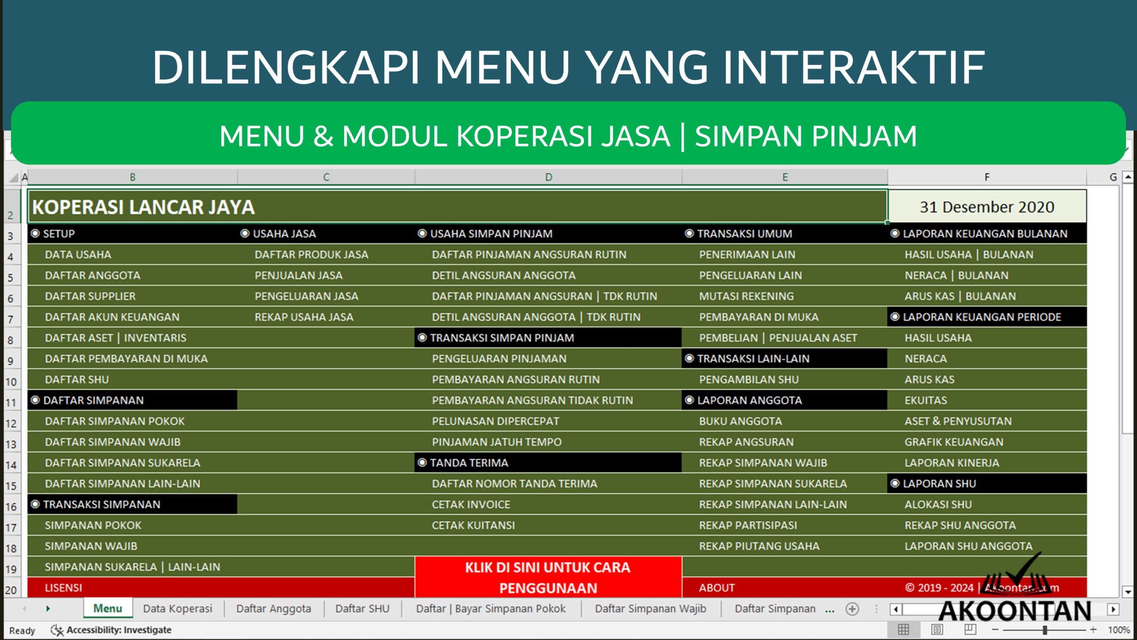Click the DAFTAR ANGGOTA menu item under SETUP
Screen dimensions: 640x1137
[92, 276]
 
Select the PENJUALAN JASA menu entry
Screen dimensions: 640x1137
[298, 276]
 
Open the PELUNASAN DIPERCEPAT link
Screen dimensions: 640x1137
[495, 421]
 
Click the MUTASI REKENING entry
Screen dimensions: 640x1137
[746, 296]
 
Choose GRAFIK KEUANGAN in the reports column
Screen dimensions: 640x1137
[954, 442]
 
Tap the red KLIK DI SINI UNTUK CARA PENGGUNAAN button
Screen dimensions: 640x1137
[548, 577]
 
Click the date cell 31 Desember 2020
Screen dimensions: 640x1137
[986, 207]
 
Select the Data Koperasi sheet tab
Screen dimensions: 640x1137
[177, 608]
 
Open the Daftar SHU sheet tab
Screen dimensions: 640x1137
[362, 608]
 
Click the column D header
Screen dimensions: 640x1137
[548, 177]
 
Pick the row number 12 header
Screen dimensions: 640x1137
[11, 424]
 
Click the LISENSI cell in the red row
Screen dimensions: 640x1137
[64, 588]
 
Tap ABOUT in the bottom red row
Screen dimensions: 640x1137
[716, 588]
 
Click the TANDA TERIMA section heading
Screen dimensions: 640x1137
[469, 463]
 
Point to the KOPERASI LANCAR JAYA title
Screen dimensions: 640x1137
[143, 207]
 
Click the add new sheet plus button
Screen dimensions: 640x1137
[852, 609]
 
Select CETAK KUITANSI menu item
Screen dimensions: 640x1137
[473, 525]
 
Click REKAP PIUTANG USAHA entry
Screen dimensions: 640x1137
[759, 546]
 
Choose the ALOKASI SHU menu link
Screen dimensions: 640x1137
[938, 504]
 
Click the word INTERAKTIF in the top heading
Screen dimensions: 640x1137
[854, 68]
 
